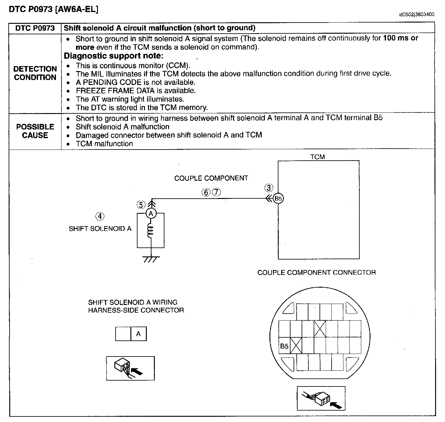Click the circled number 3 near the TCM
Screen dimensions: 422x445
(x=269, y=188)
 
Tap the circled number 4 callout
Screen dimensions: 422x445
(x=100, y=216)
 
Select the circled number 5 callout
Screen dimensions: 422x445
(x=141, y=205)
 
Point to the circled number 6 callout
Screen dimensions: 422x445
(x=206, y=192)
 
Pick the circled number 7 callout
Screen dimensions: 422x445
(x=216, y=192)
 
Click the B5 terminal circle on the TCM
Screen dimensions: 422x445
(x=278, y=199)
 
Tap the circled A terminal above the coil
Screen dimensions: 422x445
(x=151, y=213)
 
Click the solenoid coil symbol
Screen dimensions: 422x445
(x=150, y=231)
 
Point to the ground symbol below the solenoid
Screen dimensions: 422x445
(x=151, y=259)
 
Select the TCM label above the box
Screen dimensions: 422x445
(x=318, y=157)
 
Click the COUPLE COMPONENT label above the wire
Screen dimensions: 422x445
(x=211, y=178)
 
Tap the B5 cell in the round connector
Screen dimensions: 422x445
(x=284, y=346)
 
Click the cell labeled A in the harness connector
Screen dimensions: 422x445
(x=138, y=334)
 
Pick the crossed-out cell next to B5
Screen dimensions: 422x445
(x=296, y=346)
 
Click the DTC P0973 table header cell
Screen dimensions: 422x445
(x=35, y=28)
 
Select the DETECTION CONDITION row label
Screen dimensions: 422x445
(x=35, y=73)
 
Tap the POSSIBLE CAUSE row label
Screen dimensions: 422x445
(x=35, y=131)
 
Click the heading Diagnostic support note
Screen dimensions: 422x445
(x=113, y=56)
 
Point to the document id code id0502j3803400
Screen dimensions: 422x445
(x=416, y=14)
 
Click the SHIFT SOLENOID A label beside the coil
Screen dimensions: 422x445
(x=100, y=229)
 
